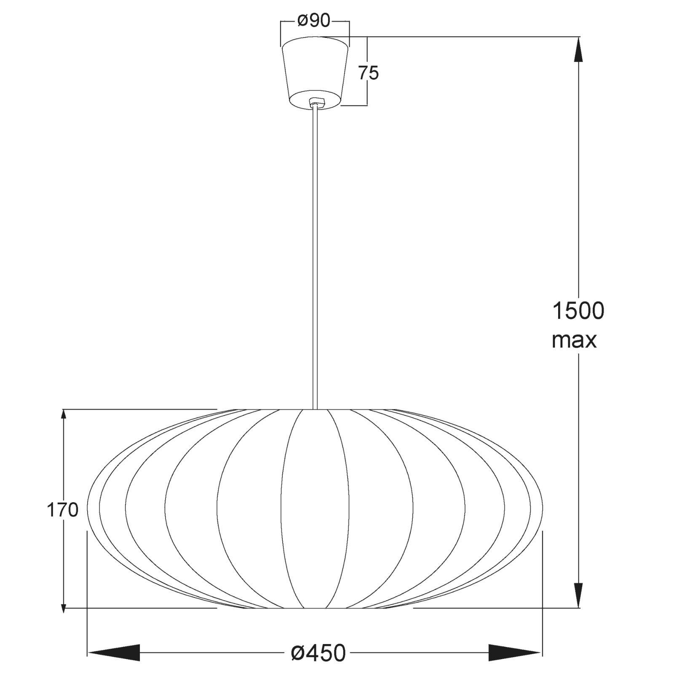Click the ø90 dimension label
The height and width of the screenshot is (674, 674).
click(314, 21)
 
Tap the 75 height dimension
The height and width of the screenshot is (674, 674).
click(369, 73)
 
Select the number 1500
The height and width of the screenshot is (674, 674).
click(578, 311)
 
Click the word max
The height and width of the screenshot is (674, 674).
click(574, 340)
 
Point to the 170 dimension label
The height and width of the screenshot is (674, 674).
click(62, 511)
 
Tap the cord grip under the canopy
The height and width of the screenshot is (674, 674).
click(315, 102)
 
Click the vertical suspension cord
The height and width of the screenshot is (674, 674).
click(315, 253)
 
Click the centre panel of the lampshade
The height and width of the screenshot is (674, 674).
click(315, 510)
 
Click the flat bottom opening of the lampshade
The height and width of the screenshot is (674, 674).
click(315, 608)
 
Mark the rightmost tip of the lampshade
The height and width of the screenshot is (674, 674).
click(542, 508)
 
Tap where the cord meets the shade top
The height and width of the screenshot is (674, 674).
click(315, 409)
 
